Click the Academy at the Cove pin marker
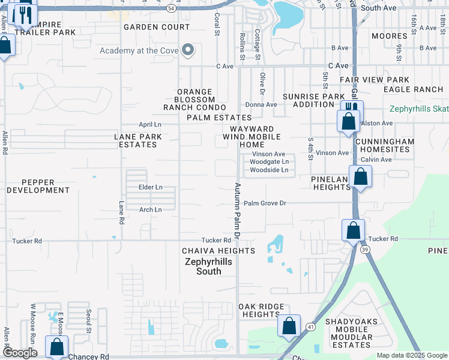[x=188, y=50]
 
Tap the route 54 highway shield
[x=172, y=8]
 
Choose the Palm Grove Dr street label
[x=265, y=203]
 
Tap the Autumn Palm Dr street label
[x=237, y=208]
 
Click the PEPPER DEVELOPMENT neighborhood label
[x=37, y=186]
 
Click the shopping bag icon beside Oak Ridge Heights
[x=289, y=326]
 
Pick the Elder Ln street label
[x=150, y=187]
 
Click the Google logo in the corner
[x=20, y=353]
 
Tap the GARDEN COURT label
[x=156, y=27]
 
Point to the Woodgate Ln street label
[x=269, y=162]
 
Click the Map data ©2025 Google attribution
[x=411, y=355]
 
